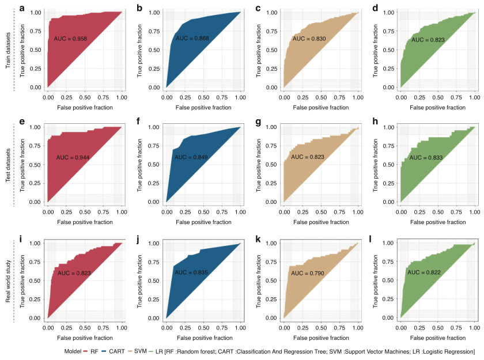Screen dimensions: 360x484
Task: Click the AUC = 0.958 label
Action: (70, 39)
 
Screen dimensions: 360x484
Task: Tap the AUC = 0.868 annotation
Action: (192, 39)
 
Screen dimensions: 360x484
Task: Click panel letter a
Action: (22, 9)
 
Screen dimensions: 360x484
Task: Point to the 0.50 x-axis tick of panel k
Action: (320, 327)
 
